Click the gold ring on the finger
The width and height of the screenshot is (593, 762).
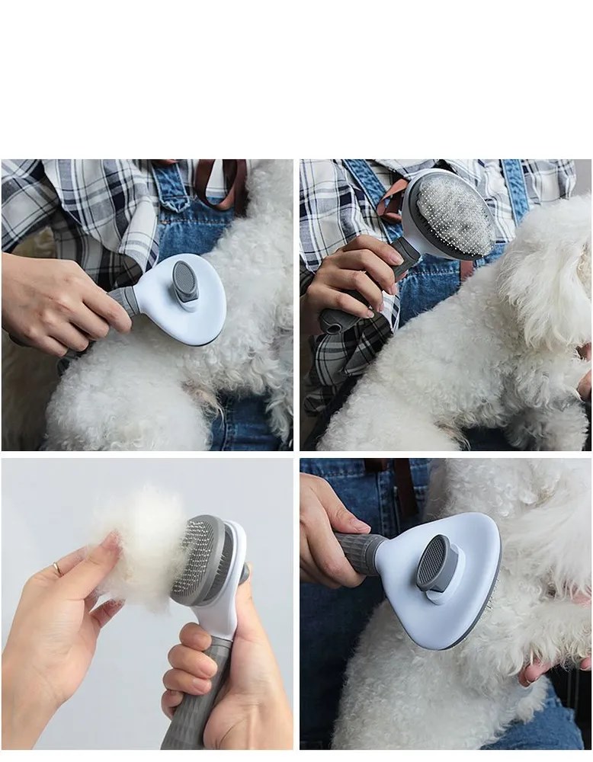click(57, 568)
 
